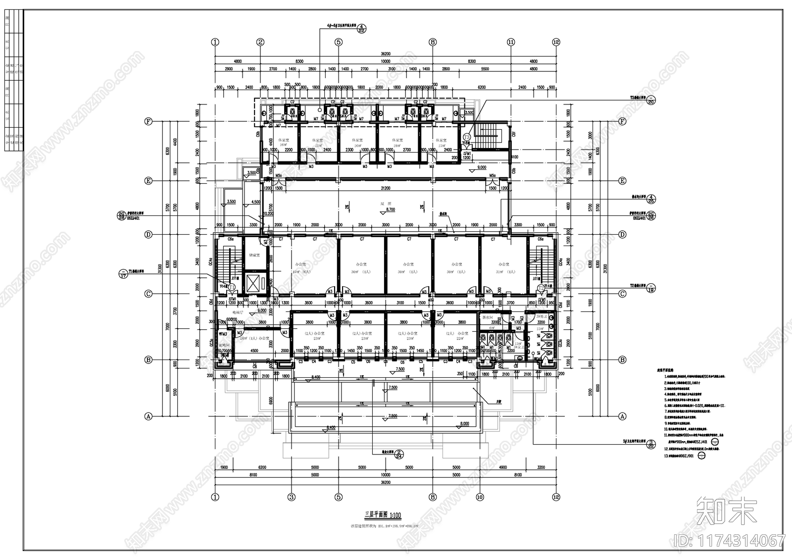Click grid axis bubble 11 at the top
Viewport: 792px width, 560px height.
coord(511,42)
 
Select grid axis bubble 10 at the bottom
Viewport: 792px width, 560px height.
coord(479,497)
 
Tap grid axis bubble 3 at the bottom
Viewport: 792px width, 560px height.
coord(291,497)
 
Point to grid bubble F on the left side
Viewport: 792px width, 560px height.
coord(148,121)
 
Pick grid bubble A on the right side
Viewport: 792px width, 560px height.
coord(623,416)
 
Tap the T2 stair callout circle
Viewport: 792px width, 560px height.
coord(541,287)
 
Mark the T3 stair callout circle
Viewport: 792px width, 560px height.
coord(466,137)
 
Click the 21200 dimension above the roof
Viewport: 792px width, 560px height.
coord(385,188)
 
